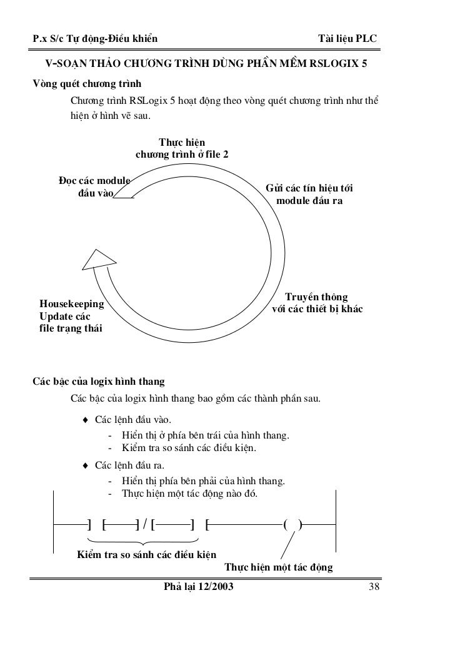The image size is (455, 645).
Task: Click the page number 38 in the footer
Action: click(x=375, y=587)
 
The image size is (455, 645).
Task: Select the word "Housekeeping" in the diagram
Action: click(x=71, y=304)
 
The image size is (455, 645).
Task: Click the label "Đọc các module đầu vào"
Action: click(x=94, y=187)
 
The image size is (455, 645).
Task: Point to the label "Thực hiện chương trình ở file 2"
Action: click(x=182, y=149)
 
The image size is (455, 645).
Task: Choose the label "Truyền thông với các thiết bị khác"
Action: click(x=316, y=303)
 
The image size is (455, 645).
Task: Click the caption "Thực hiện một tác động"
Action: click(x=278, y=567)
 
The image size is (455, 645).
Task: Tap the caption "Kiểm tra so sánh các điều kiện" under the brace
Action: click(x=146, y=554)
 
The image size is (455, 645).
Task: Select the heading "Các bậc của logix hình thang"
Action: click(x=99, y=381)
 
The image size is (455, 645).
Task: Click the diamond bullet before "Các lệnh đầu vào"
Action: click(x=85, y=419)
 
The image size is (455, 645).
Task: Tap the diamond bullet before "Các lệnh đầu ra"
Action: click(x=85, y=465)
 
